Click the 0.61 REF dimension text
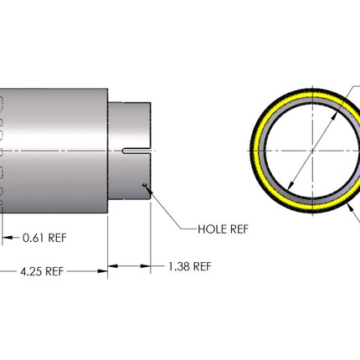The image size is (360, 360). [x=44, y=238]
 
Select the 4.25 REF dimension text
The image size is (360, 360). [x=42, y=271]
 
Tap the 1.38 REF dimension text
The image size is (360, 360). [x=190, y=266]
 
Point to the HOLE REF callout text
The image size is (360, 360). [x=223, y=229]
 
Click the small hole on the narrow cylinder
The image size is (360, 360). [x=144, y=185]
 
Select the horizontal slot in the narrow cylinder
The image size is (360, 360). [x=136, y=151]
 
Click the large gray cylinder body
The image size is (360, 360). [x=54, y=151]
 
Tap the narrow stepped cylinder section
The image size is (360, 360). [x=130, y=151]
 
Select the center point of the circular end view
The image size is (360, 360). [x=312, y=151]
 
